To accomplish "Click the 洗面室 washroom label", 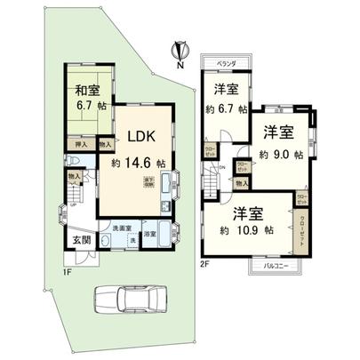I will click(122, 227).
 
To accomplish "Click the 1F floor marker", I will click(67, 271).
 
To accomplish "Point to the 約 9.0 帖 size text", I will click(282, 154).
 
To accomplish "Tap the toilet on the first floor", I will click(71, 161).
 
